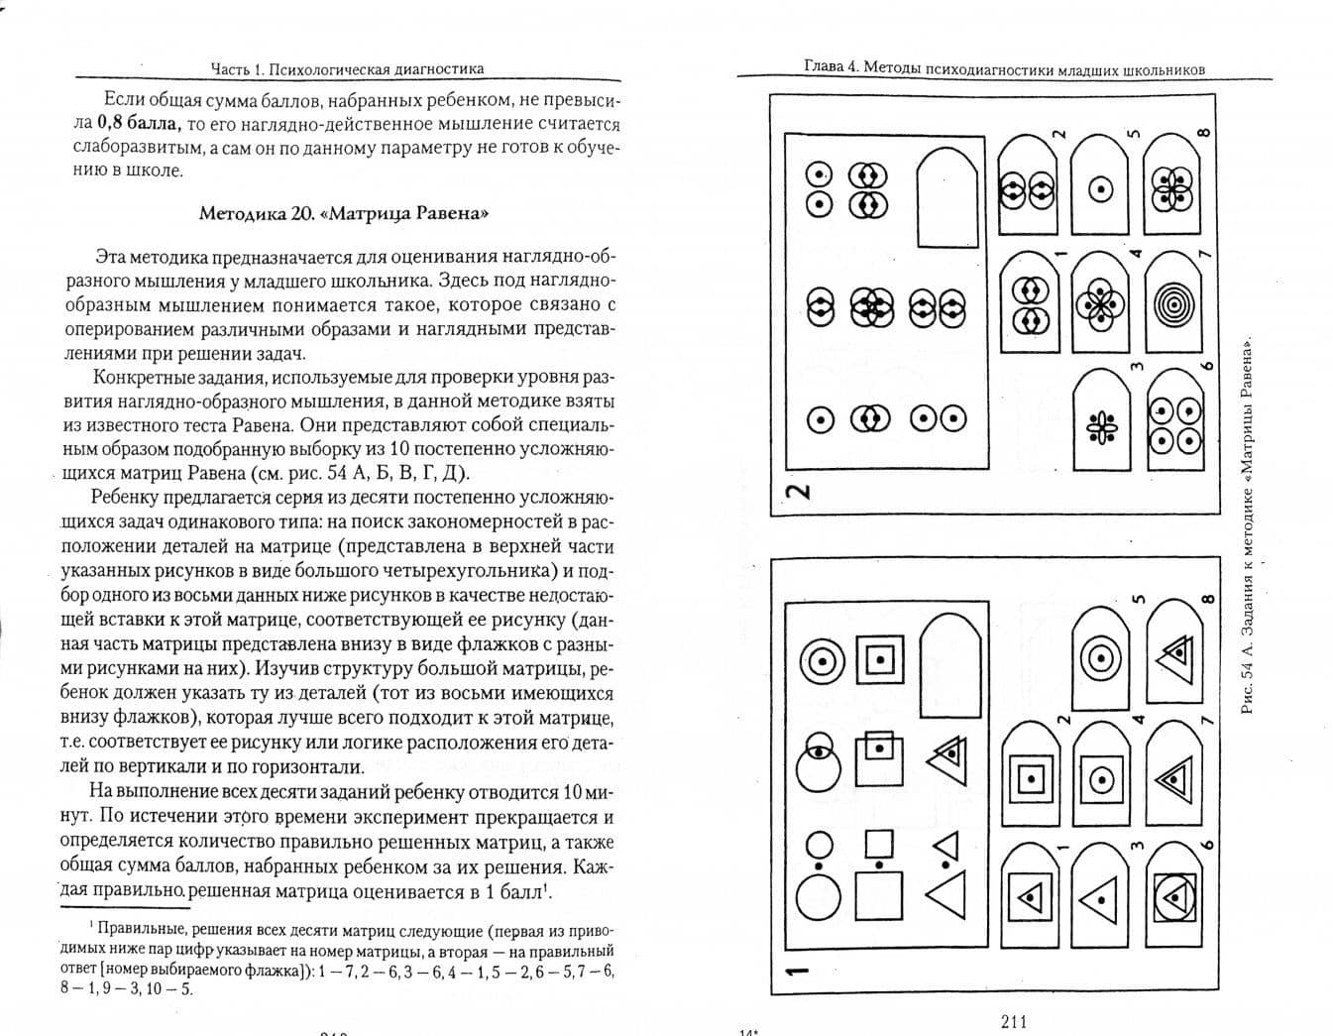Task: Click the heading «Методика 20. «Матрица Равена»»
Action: [343, 213]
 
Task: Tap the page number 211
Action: [1015, 1022]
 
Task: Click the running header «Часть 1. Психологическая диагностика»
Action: [347, 68]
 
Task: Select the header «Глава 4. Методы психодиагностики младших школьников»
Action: [1005, 68]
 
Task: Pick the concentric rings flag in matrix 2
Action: [1174, 301]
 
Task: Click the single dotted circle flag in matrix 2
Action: [1101, 188]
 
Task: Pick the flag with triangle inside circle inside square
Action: [1174, 897]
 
